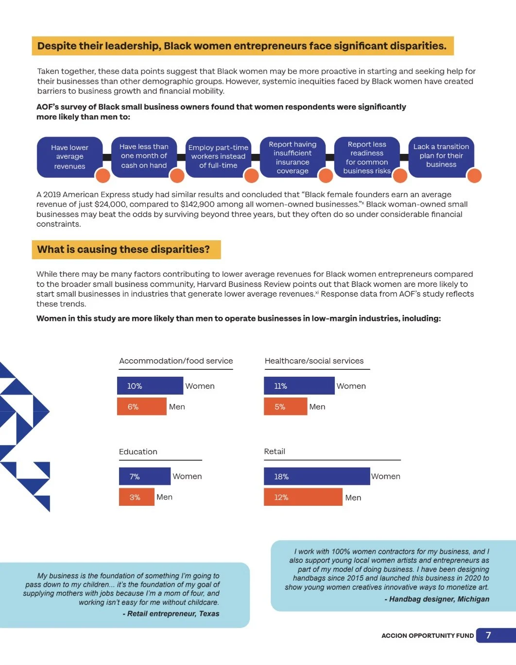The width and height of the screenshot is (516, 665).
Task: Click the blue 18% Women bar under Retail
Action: tap(317, 476)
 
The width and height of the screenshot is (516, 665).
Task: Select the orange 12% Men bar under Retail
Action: tap(303, 497)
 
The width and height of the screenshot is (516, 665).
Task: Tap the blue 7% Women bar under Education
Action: tap(145, 476)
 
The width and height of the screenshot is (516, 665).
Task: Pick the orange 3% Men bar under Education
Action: tap(136, 497)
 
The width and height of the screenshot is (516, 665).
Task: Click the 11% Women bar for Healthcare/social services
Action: tap(299, 386)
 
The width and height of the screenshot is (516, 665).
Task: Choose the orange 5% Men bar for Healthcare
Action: tap(285, 407)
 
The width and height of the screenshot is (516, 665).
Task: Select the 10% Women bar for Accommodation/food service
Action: tap(150, 386)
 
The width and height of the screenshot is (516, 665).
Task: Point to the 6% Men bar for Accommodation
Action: tap(142, 407)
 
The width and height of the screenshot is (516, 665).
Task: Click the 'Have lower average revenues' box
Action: tap(69, 157)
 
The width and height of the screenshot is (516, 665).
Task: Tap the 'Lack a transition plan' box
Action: tap(441, 156)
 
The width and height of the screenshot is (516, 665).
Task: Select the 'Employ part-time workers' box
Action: tap(218, 157)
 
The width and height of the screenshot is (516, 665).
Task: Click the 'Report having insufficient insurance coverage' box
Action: tap(292, 157)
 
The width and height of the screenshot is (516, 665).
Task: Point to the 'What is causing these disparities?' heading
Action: tap(124, 249)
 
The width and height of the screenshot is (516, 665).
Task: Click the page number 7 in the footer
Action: tap(488, 635)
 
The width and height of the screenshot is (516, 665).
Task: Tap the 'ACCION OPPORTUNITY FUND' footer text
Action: tap(428, 636)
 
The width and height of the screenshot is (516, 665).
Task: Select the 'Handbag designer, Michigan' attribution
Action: tap(439, 599)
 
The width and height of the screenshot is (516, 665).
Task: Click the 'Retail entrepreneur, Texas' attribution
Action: tap(173, 614)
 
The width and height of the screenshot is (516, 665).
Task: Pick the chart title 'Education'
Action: tap(138, 452)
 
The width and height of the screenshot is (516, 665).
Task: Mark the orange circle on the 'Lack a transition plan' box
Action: tap(474, 176)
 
